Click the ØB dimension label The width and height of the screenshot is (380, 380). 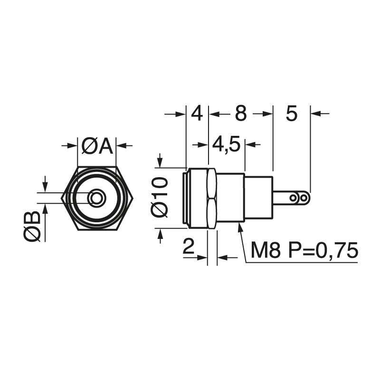tap(32, 227)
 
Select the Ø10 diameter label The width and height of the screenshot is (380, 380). tap(160, 197)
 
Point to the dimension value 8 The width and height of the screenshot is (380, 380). tap(241, 114)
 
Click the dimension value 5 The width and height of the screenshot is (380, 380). tap(291, 114)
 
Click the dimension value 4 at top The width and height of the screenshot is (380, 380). tap(197, 114)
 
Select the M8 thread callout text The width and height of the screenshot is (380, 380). tap(266, 250)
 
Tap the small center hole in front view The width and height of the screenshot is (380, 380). tap(97, 198)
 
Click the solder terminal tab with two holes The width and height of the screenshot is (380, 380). tap(292, 198)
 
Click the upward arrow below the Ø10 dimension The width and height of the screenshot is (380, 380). tap(160, 234)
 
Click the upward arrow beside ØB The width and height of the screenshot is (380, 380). tap(46, 209)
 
